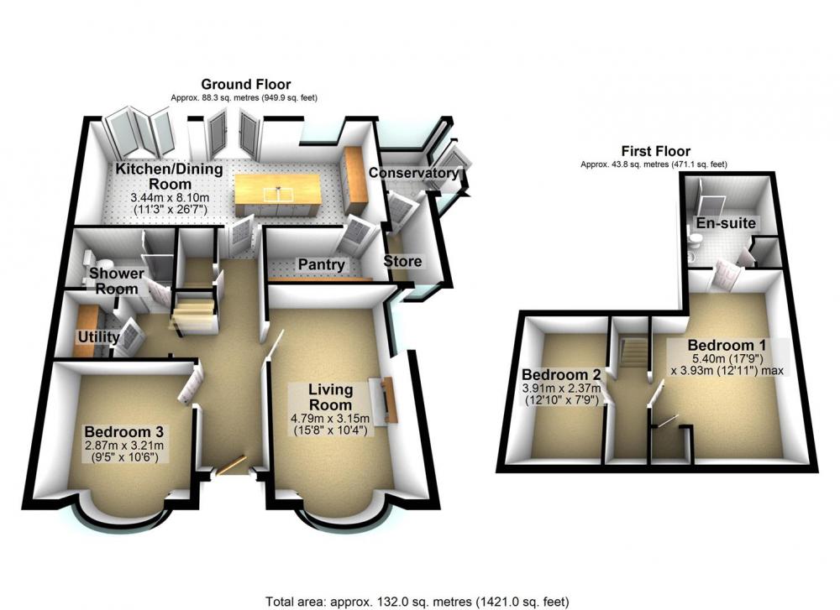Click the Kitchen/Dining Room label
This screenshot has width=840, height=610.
[x=170, y=176]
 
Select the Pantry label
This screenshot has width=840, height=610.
[x=322, y=264]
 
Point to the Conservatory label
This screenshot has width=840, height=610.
[x=413, y=173]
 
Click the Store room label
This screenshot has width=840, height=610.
[x=402, y=262]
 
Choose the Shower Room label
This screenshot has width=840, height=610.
[x=116, y=281]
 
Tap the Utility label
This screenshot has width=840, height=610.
[x=98, y=337]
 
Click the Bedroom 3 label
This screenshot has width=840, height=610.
[x=123, y=431]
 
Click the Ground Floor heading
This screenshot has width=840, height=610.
[x=246, y=85]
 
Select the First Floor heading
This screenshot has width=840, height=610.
[x=656, y=151]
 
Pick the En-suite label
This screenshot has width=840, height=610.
[x=726, y=223]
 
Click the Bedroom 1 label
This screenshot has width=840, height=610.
[x=727, y=345]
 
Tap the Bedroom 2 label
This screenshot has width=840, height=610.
[x=561, y=374]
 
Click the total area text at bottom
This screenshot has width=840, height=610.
[x=417, y=602]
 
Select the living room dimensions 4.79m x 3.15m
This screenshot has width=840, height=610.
[x=330, y=418]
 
